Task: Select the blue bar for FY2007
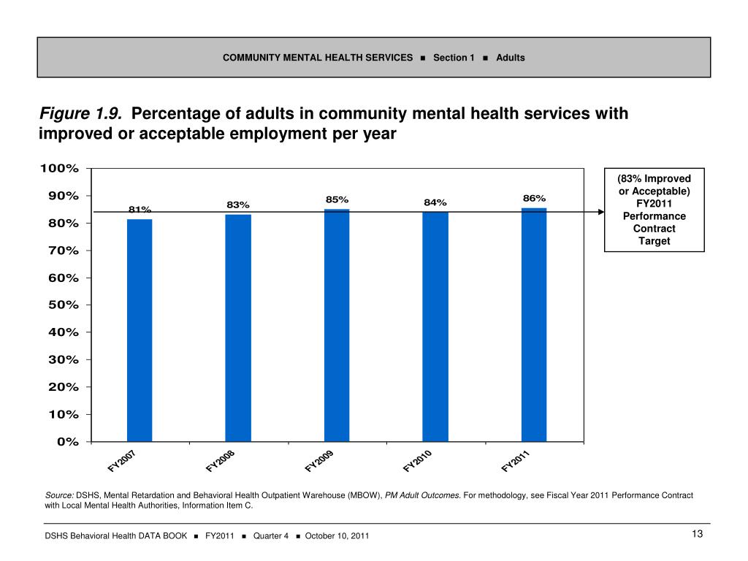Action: click(x=140, y=329)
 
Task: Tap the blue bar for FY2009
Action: click(x=337, y=325)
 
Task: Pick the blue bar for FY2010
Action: click(x=435, y=327)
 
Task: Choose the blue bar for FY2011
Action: click(x=534, y=324)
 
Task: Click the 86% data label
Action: click(x=534, y=198)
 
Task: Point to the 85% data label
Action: click(x=337, y=199)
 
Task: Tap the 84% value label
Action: click(x=435, y=202)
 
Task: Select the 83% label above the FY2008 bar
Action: click(x=238, y=205)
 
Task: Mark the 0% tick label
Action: click(x=68, y=441)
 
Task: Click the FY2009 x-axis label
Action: click(x=320, y=461)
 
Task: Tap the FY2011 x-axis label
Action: click(x=516, y=461)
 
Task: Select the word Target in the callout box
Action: click(x=654, y=241)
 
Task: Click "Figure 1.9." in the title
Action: click(x=81, y=115)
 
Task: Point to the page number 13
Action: click(x=696, y=535)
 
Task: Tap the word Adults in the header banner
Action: click(x=510, y=58)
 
